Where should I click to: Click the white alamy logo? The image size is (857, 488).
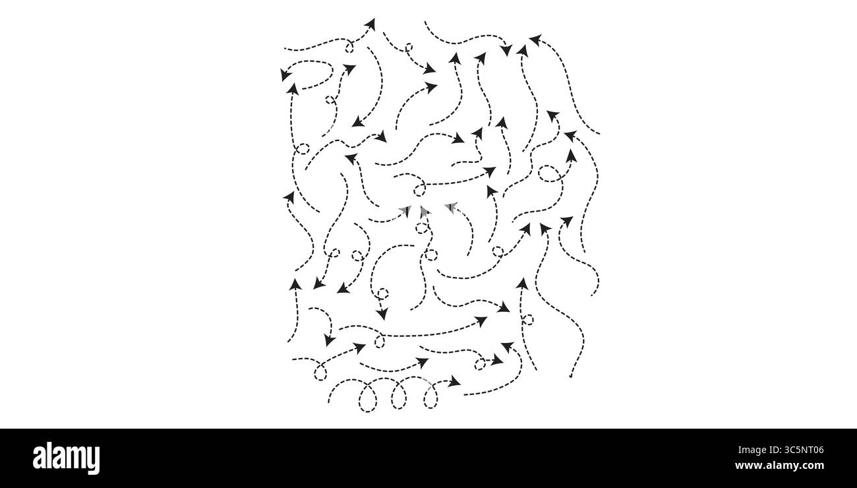pos(66,458)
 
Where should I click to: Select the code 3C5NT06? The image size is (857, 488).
pos(804,450)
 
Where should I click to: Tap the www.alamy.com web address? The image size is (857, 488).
pos(779,466)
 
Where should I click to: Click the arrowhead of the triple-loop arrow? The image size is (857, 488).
pos(454,381)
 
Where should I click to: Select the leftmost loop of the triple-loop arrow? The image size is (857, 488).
pos(368,399)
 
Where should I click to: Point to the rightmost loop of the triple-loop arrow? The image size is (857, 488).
pos(430,397)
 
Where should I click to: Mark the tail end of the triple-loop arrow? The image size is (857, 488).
pos(328,402)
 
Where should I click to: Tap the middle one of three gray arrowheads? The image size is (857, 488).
pos(423,212)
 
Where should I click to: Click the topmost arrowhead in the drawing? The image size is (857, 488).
pos(370,24)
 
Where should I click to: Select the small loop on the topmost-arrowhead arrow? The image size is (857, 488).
pos(349,47)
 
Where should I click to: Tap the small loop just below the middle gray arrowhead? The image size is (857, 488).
pos(422,228)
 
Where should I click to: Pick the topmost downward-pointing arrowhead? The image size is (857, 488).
pos(506,50)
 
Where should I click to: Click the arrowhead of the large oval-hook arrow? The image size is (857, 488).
pos(284,75)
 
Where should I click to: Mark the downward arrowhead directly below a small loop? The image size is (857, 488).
pos(382,315)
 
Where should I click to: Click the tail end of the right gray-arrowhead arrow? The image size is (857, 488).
pos(468,255)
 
